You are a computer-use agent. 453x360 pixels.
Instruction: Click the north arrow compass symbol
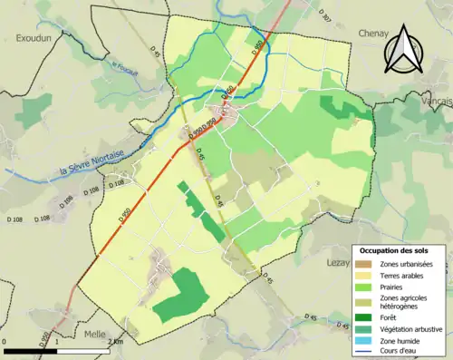pos(402,49)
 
